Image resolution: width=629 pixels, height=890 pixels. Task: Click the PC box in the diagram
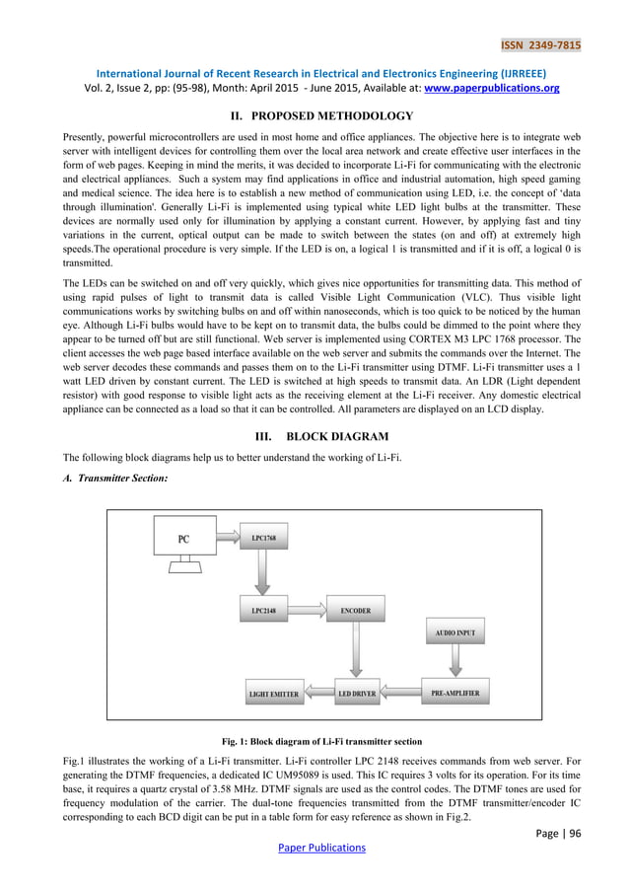[x=183, y=539]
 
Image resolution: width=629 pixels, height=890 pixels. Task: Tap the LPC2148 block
[x=263, y=611]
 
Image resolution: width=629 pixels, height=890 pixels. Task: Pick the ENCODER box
[x=356, y=611]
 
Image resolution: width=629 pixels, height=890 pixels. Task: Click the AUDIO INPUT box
[x=455, y=630]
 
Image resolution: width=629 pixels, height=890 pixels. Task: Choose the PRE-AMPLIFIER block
[x=455, y=694]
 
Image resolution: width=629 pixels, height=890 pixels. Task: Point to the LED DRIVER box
[x=356, y=695]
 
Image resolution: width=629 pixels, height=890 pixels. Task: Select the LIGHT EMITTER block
[x=273, y=695]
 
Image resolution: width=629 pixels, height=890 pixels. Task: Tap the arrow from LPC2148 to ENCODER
[x=310, y=611]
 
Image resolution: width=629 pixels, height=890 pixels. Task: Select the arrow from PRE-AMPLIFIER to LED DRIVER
[x=400, y=694]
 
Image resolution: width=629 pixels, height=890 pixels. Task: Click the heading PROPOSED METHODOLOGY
[x=328, y=115]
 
